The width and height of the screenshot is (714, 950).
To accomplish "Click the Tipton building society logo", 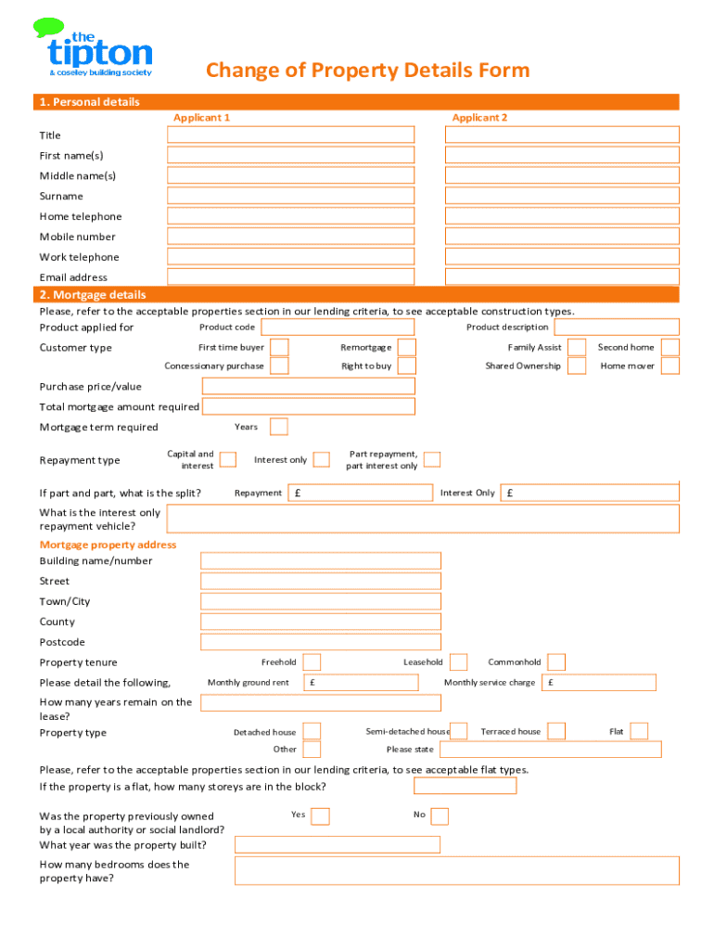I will coord(93,48).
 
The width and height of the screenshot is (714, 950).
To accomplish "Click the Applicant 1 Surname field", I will coord(290,196).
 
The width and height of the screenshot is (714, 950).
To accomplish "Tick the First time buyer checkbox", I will coord(279,347).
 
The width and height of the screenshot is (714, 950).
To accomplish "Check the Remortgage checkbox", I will coord(406,347).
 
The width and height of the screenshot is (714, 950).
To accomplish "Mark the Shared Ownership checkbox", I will coord(577,366).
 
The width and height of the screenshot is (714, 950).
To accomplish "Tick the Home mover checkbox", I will coord(670,366).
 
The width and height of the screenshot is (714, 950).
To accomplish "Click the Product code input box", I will coord(338,327).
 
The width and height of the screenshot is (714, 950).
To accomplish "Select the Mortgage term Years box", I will coord(279,427).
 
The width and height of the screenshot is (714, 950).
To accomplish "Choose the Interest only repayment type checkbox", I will coord(322,459).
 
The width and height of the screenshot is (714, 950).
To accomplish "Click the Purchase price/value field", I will coord(308,386).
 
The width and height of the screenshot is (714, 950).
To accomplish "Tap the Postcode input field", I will coord(321,642).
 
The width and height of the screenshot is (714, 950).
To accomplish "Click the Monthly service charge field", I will coord(600,683).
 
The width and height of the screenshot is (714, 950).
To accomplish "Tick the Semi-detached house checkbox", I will coord(459,731).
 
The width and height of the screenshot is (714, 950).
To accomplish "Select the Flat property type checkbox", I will coord(640,731).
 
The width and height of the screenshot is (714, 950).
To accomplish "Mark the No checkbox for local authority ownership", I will coord(440,815).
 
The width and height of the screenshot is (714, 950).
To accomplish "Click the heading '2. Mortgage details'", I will coord(93,295).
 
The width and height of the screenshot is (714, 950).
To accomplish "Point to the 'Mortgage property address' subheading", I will coord(108,545).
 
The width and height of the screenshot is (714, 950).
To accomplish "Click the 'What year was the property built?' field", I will coord(338,844).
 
